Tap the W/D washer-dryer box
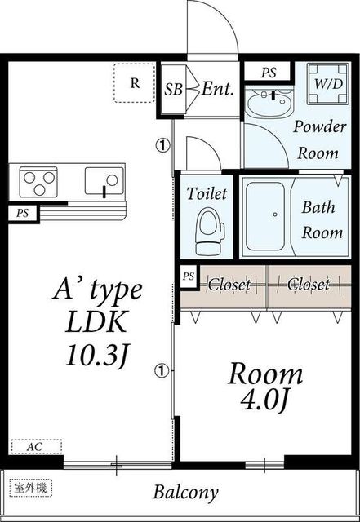[328, 83]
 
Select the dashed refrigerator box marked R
[135, 83]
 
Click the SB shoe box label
[174, 89]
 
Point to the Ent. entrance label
[217, 89]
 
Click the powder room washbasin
[269, 102]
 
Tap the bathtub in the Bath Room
[265, 216]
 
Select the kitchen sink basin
[104, 181]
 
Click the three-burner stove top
[38, 182]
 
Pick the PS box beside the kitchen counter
[23, 213]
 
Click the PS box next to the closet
[189, 276]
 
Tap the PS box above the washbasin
[269, 73]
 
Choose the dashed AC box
[37, 447]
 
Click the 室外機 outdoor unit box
[31, 488]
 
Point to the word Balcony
[185, 493]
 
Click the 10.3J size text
[97, 356]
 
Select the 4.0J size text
[264, 400]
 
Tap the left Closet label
[229, 285]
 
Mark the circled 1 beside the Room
[162, 370]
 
